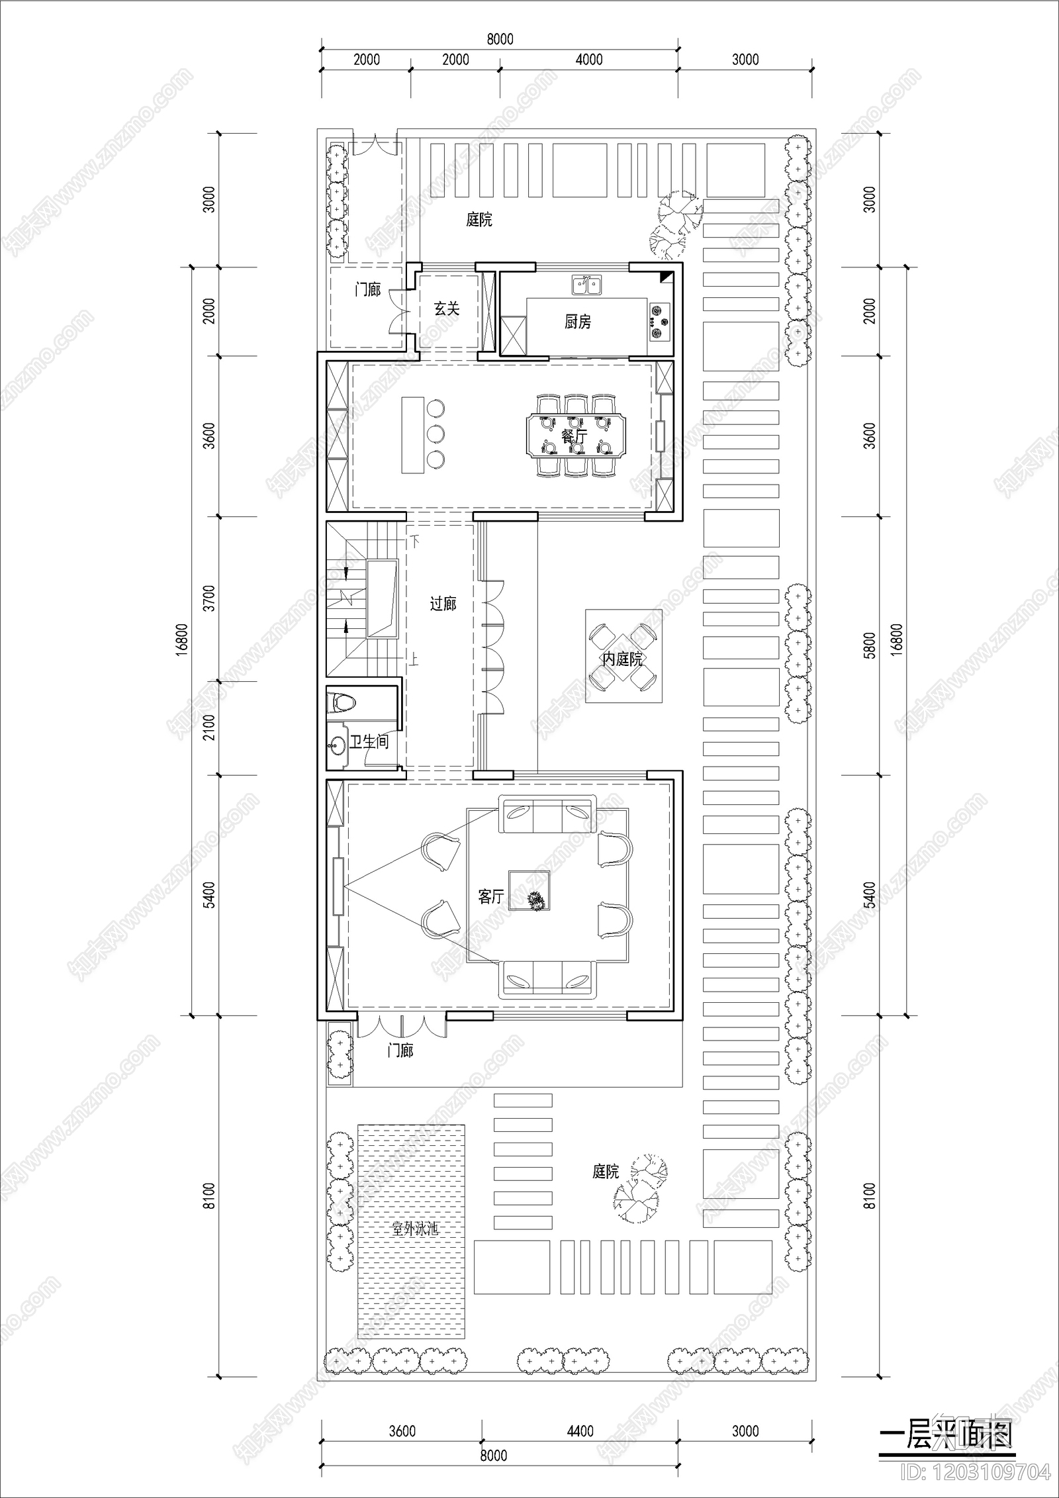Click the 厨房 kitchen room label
(x=577, y=322)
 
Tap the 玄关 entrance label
(x=447, y=308)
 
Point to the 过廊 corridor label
(x=443, y=604)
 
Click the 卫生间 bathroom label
(x=369, y=742)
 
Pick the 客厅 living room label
(x=490, y=897)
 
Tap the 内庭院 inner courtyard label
(x=622, y=659)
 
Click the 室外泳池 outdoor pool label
(x=415, y=1229)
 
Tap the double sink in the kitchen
(x=586, y=285)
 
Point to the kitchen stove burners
(x=659, y=320)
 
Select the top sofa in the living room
(x=548, y=816)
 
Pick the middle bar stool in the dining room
(x=436, y=434)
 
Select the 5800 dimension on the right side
(x=870, y=645)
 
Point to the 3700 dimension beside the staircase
(x=209, y=598)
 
